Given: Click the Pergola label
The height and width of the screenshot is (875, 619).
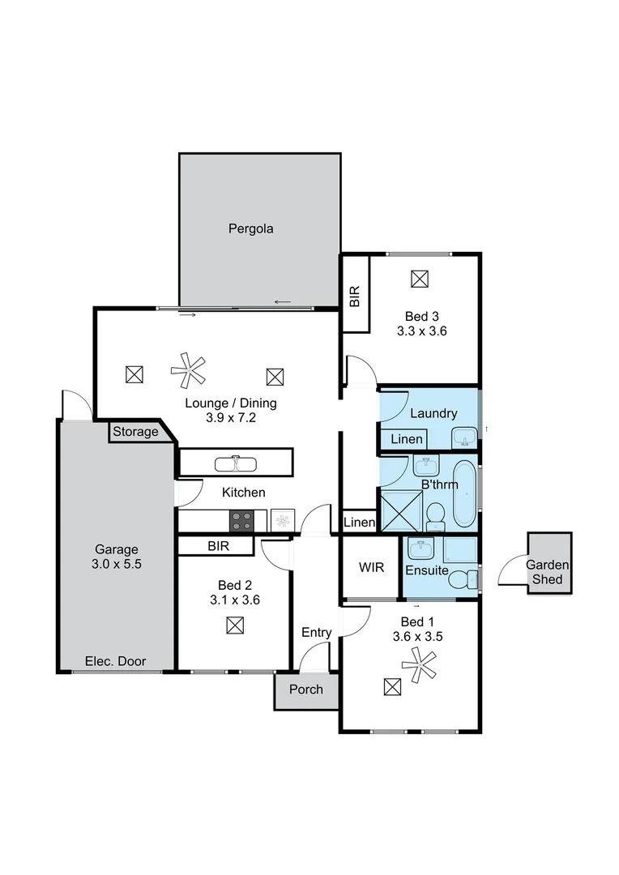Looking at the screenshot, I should pyautogui.click(x=250, y=228).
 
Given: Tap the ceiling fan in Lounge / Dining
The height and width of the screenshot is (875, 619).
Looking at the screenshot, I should pyautogui.click(x=189, y=370).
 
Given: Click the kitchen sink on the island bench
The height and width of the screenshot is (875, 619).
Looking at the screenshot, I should pyautogui.click(x=236, y=464).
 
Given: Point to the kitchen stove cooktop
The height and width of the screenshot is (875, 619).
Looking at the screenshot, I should pyautogui.click(x=242, y=520).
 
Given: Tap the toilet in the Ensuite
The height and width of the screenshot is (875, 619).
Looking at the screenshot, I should pyautogui.click(x=463, y=578).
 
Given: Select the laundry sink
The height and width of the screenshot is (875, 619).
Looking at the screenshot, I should pyautogui.click(x=465, y=437).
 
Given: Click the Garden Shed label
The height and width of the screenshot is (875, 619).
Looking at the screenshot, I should pyautogui.click(x=549, y=572).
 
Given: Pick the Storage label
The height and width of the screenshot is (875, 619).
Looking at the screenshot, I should pyautogui.click(x=135, y=432).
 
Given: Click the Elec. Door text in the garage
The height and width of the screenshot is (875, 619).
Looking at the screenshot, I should pyautogui.click(x=116, y=661).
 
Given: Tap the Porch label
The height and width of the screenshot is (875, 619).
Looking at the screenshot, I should pyautogui.click(x=305, y=689).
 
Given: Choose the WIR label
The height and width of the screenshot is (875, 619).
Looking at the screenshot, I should pyautogui.click(x=370, y=566).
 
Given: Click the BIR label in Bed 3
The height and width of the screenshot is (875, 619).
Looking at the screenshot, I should pyautogui.click(x=355, y=294).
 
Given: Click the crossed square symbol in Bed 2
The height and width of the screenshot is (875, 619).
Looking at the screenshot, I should pyautogui.click(x=235, y=625).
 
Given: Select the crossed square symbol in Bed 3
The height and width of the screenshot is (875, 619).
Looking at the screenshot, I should pyautogui.click(x=419, y=279).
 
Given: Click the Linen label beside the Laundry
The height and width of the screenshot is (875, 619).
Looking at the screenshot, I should pyautogui.click(x=406, y=439).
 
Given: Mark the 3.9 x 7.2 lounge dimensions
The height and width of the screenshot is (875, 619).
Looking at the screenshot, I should pyautogui.click(x=230, y=419).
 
